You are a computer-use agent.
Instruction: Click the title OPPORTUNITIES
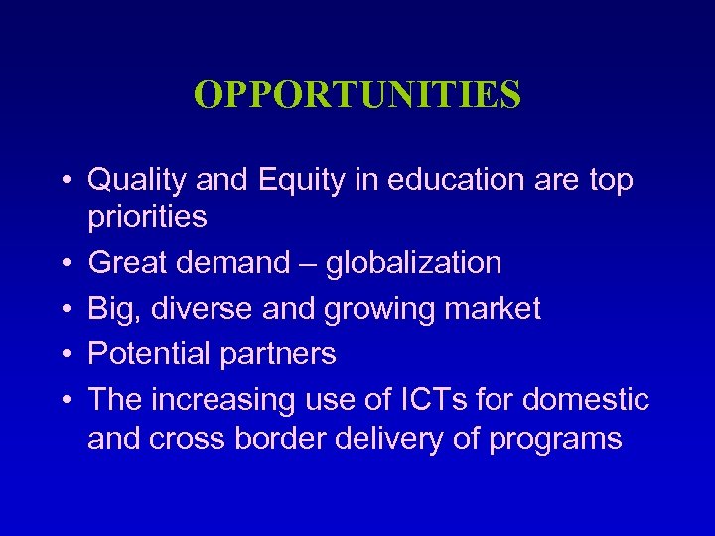357,95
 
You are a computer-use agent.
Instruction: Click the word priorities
147,216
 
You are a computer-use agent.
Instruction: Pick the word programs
555,439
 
